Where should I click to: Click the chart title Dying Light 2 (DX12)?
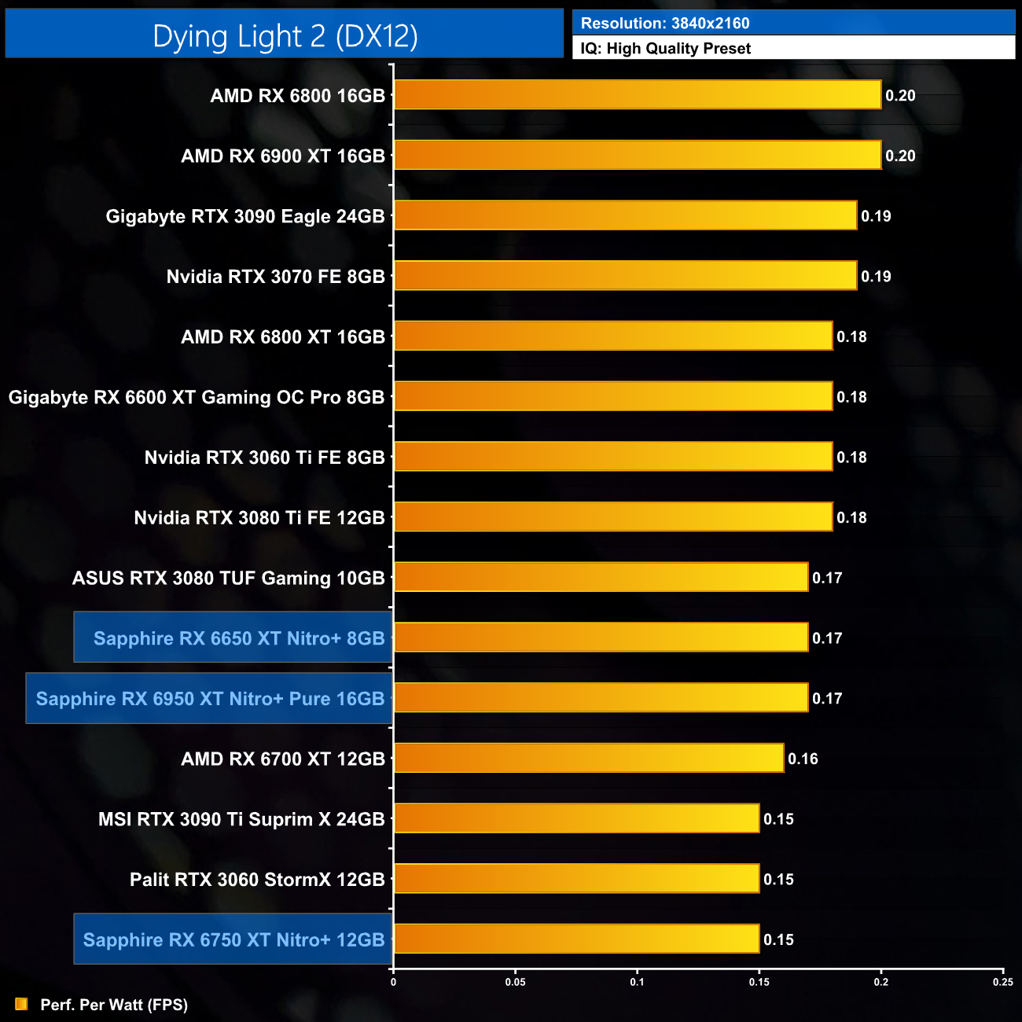coord(285,36)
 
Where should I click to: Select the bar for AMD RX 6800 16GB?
coord(637,95)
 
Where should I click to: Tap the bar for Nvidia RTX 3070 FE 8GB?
coord(625,276)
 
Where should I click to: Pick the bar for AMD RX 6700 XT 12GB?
coord(588,758)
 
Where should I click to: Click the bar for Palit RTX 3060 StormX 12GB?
coord(576,879)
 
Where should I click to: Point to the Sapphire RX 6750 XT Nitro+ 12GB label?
coord(233,939)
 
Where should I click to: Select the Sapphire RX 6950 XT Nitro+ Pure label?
coord(210,698)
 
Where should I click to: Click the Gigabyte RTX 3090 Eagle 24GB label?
coord(245,216)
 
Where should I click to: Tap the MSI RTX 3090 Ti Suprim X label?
coord(241,819)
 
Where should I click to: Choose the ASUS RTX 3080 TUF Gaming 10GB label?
coord(229,578)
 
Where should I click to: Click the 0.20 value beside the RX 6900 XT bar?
coord(900,156)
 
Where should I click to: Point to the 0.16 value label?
coord(803,759)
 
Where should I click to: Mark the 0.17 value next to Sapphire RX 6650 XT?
coord(827,638)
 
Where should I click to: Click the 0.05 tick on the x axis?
coord(515,982)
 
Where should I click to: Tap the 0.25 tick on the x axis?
coord(1002,982)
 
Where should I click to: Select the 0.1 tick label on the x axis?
coord(637,982)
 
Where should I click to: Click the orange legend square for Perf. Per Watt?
coord(21,1005)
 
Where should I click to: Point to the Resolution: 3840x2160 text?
coord(665,24)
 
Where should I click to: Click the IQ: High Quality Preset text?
coord(666,49)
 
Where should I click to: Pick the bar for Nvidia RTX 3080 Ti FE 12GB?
coord(612,517)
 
